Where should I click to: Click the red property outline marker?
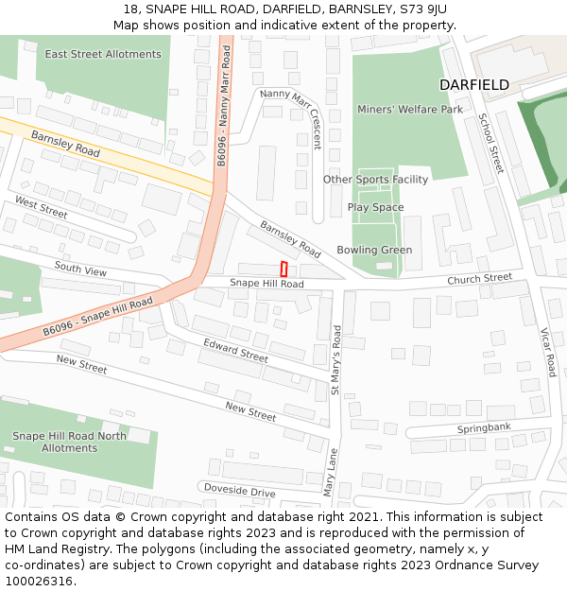(x=283, y=269)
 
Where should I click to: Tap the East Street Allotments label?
(x=103, y=54)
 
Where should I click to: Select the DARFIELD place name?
(x=473, y=85)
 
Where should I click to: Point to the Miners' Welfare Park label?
(x=410, y=110)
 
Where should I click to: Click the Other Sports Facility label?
(x=375, y=180)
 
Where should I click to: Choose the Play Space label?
(x=375, y=207)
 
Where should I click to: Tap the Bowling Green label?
(x=381, y=250)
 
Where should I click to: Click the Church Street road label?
(x=479, y=279)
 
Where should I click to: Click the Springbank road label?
(x=484, y=428)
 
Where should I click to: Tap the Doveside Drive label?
(x=240, y=492)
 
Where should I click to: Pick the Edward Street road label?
(x=235, y=350)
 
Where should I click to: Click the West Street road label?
(x=41, y=206)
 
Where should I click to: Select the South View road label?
(x=80, y=269)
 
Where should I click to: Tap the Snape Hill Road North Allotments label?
(x=69, y=442)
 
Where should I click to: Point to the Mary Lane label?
(x=330, y=473)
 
